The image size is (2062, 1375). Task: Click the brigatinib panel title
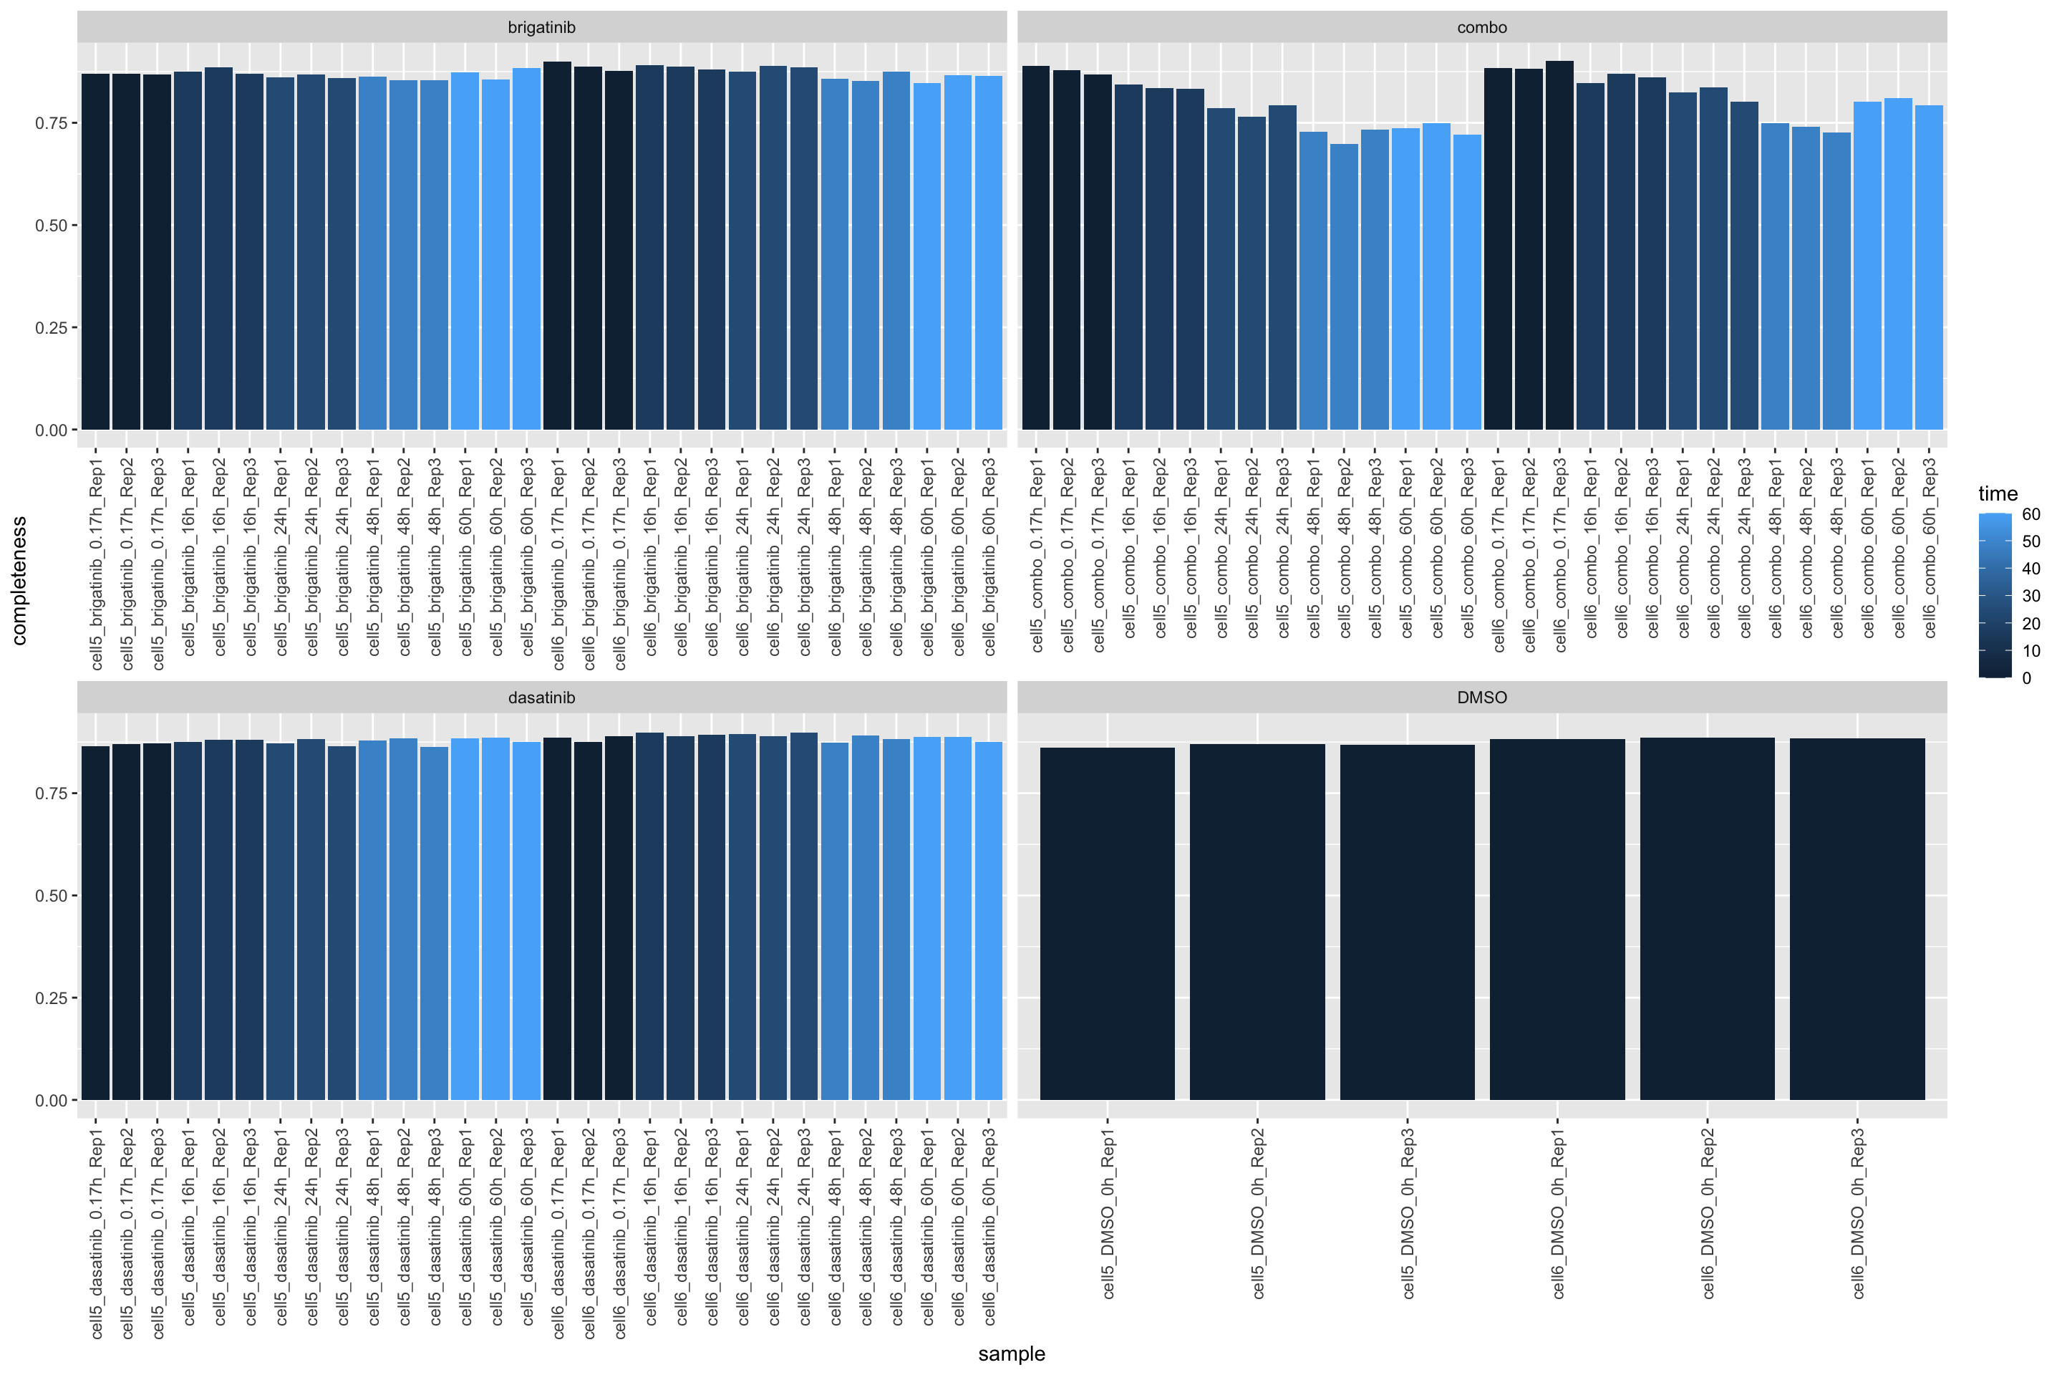(x=542, y=27)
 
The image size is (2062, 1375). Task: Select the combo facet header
(x=1481, y=27)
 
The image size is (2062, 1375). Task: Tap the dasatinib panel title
(x=542, y=697)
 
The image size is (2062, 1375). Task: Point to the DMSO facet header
(x=1481, y=697)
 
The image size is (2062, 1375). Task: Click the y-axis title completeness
(x=19, y=581)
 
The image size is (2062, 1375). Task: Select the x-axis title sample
(x=1012, y=1353)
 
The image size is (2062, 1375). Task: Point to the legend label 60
(x=2031, y=515)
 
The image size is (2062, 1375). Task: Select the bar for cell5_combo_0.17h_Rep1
(x=1035, y=250)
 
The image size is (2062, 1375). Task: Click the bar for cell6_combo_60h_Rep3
(x=1929, y=267)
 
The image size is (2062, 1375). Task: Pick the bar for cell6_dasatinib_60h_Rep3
(x=988, y=921)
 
